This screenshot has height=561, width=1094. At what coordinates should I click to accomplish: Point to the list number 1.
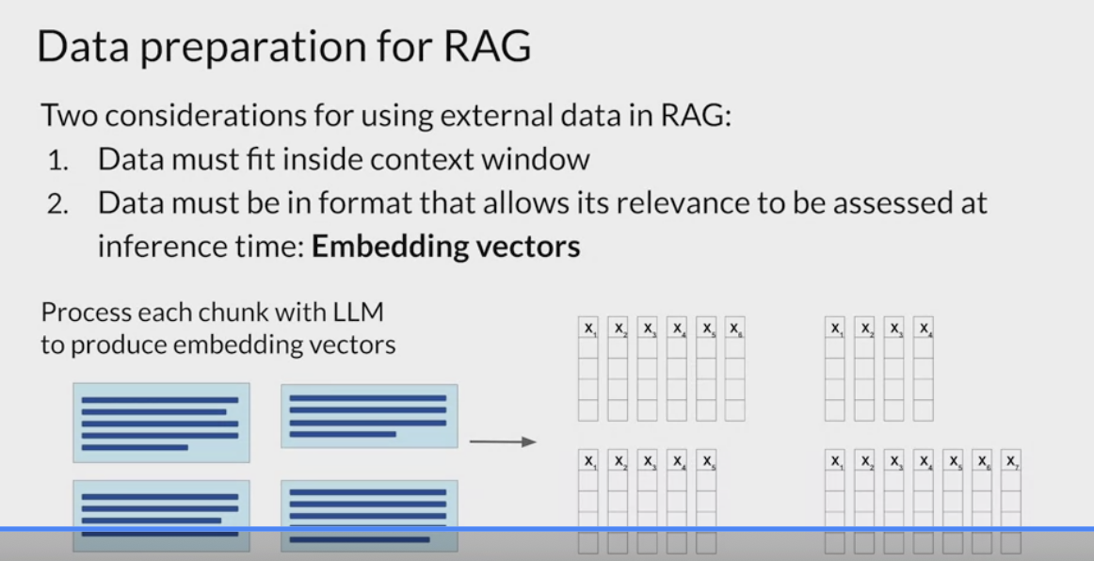pyautogui.click(x=57, y=160)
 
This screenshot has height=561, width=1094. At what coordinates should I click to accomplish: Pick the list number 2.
pyautogui.click(x=58, y=203)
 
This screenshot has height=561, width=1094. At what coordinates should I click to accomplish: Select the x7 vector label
pyautogui.click(x=1010, y=460)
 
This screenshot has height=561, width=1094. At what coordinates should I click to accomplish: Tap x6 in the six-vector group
pyautogui.click(x=734, y=328)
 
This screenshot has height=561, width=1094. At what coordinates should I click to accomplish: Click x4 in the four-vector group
pyautogui.click(x=923, y=328)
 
